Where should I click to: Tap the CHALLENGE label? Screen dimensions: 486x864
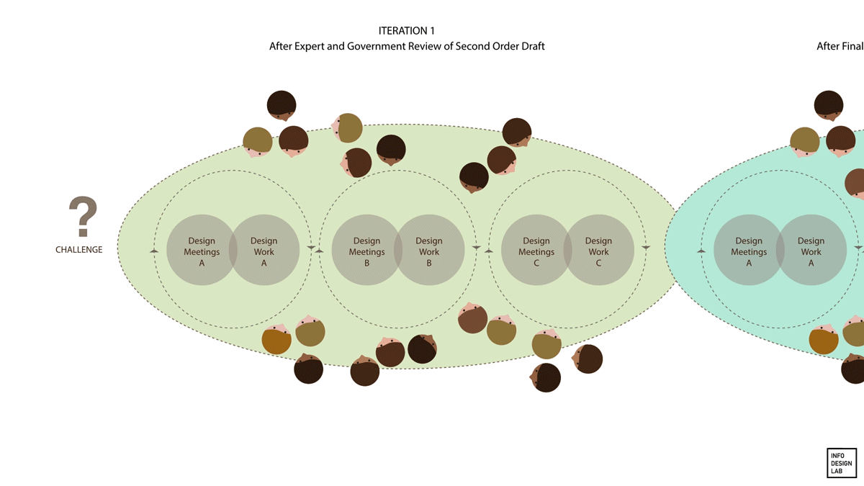(x=79, y=250)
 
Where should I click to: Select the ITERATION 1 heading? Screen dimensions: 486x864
(x=406, y=31)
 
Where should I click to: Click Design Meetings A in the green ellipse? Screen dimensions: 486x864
(x=202, y=251)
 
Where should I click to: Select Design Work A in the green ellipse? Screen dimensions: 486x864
(x=264, y=251)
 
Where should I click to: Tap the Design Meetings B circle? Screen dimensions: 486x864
(x=366, y=251)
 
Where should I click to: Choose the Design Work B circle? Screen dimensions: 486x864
(x=429, y=251)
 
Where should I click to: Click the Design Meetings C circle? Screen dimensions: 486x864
(x=536, y=251)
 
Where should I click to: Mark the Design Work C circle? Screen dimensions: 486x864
(x=598, y=251)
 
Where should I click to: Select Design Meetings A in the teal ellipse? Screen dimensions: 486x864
(x=749, y=251)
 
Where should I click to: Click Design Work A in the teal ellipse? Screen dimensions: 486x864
(x=811, y=251)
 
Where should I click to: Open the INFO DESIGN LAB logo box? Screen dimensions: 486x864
(x=841, y=463)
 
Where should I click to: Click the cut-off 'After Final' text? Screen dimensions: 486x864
(x=840, y=46)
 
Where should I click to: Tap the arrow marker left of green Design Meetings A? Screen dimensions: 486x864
(x=153, y=250)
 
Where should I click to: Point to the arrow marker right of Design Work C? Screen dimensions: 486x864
(x=646, y=248)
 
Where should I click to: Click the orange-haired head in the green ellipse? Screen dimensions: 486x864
(x=276, y=340)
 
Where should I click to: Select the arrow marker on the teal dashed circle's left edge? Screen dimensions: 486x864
(x=701, y=250)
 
